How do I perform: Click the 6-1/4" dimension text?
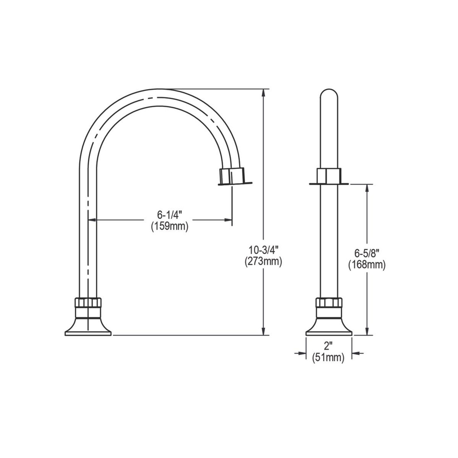pyautogui.click(x=170, y=215)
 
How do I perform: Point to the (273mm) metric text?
pyautogui.click(x=263, y=262)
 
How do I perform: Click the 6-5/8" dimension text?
pyautogui.click(x=367, y=253)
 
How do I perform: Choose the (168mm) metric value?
pyautogui.click(x=367, y=265)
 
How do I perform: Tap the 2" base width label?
pyautogui.click(x=328, y=346)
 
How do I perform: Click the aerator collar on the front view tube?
pyautogui.click(x=329, y=176)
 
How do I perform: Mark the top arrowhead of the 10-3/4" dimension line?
pyautogui.click(x=264, y=92)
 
